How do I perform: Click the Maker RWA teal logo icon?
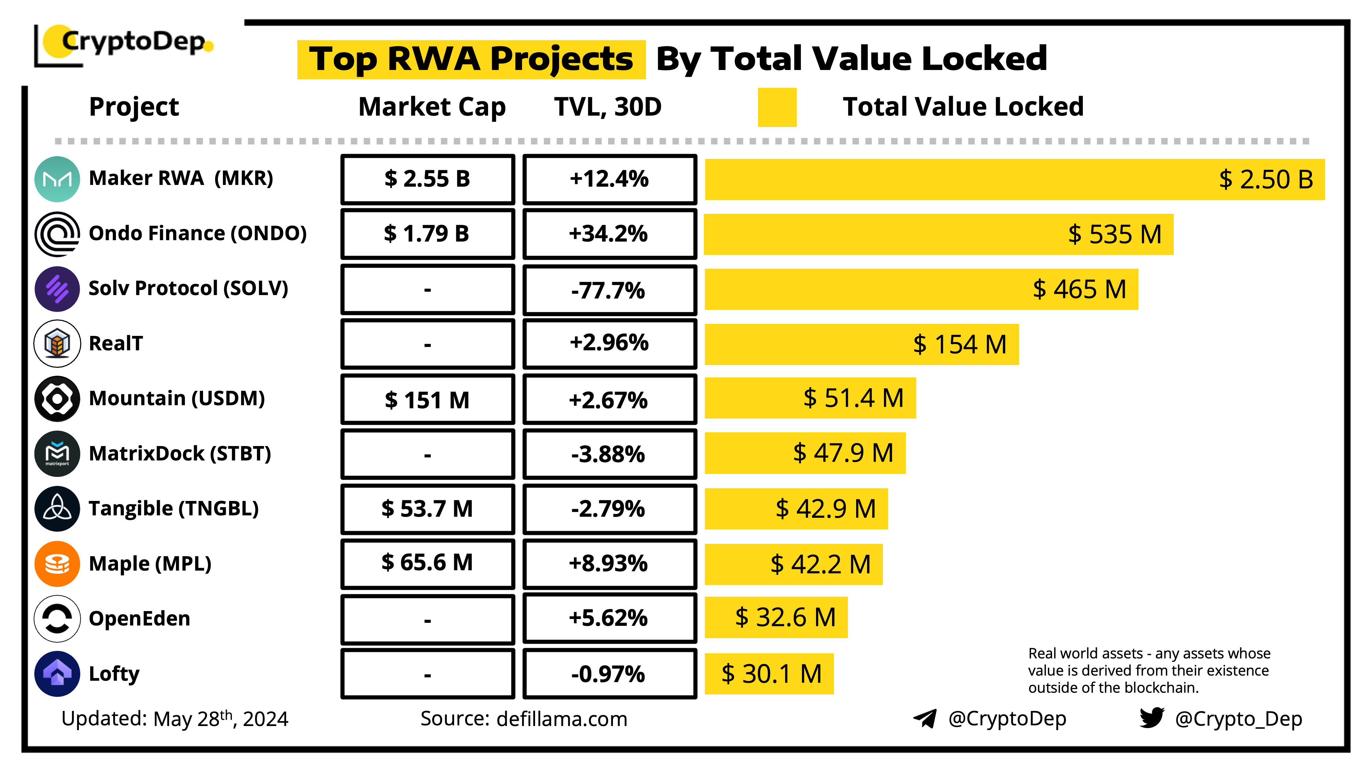[57, 179]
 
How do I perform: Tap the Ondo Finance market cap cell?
[427, 234]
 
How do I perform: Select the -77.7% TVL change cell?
[609, 290]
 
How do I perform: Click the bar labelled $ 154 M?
[861, 344]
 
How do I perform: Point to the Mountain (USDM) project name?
[177, 398]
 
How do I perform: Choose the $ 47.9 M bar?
[805, 453]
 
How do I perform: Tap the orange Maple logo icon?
[57, 564]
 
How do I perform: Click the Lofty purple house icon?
[57, 674]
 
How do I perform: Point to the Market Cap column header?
[432, 107]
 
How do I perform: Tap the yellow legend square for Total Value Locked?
[777, 107]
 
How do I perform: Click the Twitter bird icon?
[1151, 718]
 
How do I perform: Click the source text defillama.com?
[561, 719]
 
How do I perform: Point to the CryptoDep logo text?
[133, 42]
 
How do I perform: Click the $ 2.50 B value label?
[1265, 179]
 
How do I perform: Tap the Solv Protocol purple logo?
[57, 289]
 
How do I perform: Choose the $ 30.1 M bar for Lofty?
[769, 674]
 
